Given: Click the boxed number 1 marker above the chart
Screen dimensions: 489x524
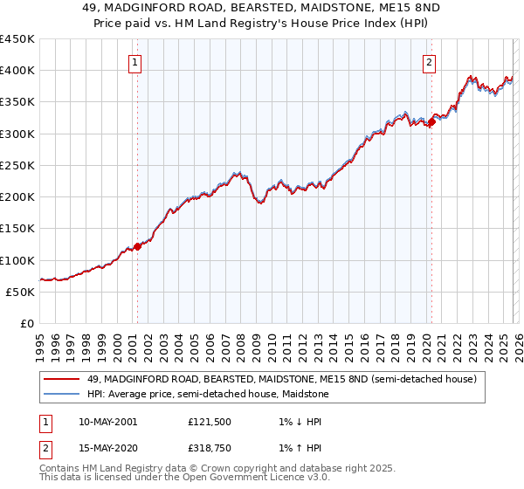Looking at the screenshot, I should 136,62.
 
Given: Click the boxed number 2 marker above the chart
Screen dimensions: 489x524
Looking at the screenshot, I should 430,62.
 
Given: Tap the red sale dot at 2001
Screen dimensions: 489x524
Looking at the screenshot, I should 137,246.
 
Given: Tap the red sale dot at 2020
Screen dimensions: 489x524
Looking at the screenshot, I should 431,122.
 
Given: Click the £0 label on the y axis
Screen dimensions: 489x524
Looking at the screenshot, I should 26,323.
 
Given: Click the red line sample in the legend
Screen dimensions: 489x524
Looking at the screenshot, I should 61,379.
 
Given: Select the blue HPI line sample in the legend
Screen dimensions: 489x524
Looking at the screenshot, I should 61,394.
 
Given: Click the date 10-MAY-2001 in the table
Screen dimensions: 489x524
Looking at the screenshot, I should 107,422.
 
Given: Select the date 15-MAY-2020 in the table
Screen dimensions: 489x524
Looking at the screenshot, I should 107,448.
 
